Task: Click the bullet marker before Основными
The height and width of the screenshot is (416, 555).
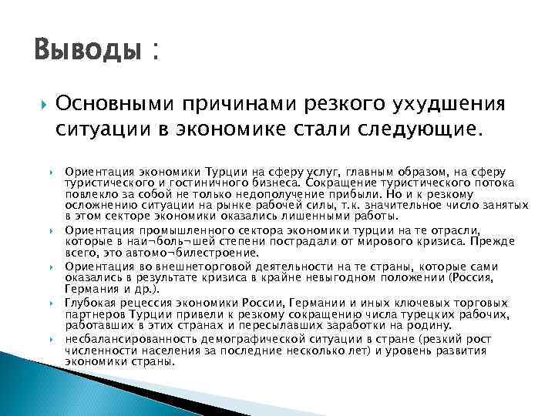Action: (41, 103)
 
